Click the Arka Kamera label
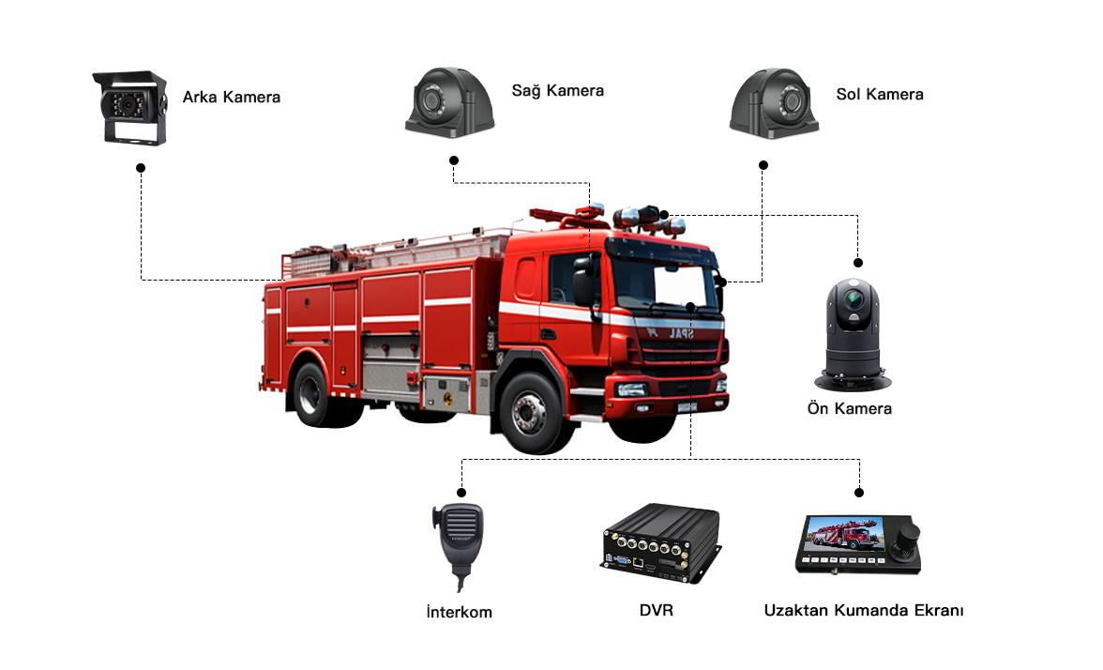232,98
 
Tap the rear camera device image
130,108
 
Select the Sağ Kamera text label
558,91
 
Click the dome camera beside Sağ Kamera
450,102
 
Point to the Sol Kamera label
880,94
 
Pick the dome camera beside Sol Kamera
774,103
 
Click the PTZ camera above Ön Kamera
853,335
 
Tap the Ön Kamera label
849,408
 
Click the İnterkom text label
460,612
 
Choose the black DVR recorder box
660,543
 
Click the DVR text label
657,610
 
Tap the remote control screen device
857,544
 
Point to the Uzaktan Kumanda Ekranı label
864,610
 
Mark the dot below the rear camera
141,167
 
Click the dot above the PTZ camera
857,263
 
